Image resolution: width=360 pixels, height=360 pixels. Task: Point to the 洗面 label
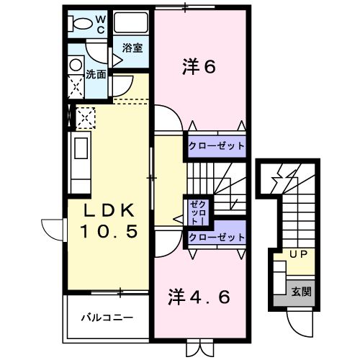click(x=96, y=73)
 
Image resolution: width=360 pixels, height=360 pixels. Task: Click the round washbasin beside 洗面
click(x=75, y=63)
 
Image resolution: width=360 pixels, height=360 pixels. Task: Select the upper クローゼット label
click(x=217, y=146)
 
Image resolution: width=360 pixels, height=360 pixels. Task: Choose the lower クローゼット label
click(x=217, y=237)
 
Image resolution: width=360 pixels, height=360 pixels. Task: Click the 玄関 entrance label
click(x=301, y=292)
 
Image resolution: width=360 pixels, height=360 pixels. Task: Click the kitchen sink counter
click(x=78, y=156)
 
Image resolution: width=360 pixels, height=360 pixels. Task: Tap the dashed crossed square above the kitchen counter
click(x=85, y=117)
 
